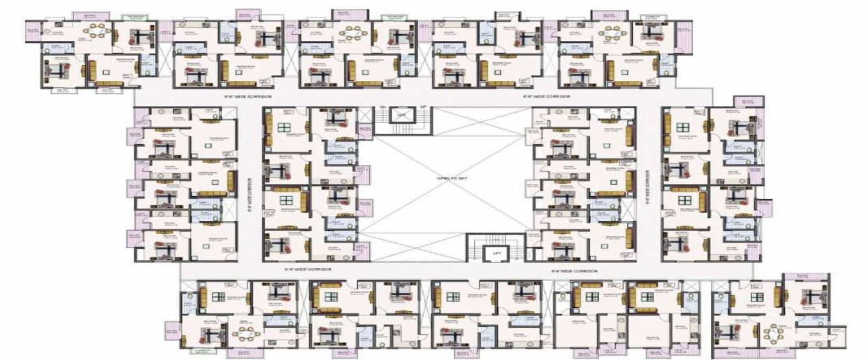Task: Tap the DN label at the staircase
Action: coord(383,106)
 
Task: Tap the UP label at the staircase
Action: coord(423,106)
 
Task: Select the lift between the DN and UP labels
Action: coord(403,114)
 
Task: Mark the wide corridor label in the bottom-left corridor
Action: coord(308,268)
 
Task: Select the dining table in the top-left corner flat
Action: coord(96,31)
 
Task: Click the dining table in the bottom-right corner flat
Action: coord(773,335)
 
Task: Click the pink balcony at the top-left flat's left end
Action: coord(33,29)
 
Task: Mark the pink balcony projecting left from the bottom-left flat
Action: coord(172,331)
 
